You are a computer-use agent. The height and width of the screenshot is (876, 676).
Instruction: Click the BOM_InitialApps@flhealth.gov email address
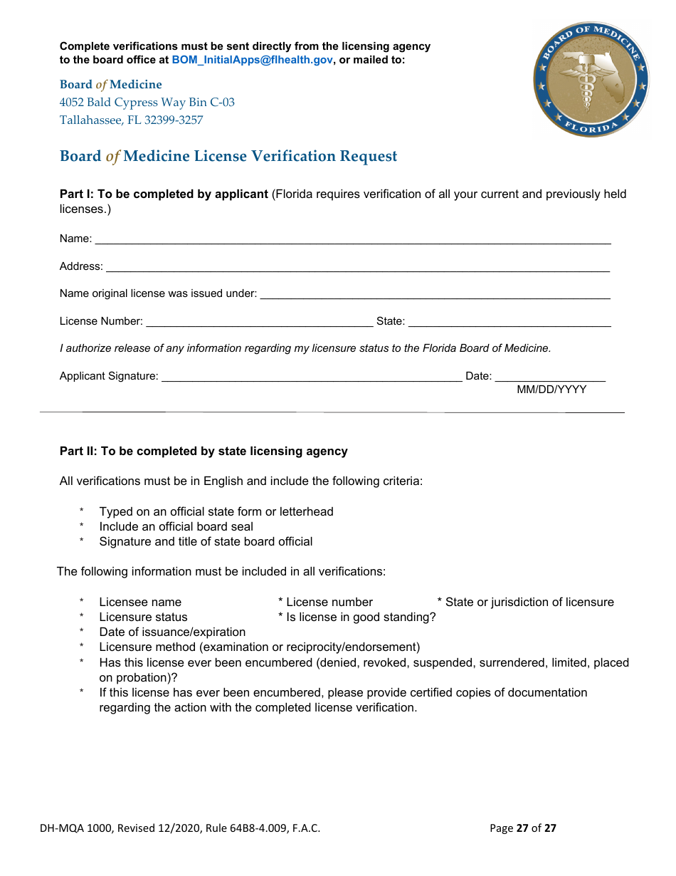[252, 60]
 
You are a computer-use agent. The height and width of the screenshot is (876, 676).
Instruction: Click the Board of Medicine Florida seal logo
[591, 79]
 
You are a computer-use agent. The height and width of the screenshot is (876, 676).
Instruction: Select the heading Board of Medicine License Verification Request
[228, 156]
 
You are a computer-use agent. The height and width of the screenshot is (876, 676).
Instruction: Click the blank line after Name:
[352, 241]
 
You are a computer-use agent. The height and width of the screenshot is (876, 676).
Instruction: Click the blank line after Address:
[357, 268]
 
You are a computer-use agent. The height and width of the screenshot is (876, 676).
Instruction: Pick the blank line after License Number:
[259, 323]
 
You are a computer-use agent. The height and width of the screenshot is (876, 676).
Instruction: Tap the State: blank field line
[509, 323]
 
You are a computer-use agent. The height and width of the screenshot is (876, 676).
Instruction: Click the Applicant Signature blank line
[312, 377]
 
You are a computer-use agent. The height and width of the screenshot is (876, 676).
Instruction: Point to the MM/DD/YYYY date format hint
[551, 390]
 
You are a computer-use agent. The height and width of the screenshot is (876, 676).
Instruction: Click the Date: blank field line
[549, 377]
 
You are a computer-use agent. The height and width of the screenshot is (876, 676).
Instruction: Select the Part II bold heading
[204, 451]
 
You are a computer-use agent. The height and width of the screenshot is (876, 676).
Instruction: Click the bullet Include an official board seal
[176, 526]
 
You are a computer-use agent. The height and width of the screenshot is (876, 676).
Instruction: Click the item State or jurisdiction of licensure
[525, 602]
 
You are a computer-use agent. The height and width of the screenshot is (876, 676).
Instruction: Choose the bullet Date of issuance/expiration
[172, 632]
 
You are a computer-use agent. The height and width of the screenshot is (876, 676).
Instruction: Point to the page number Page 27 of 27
[523, 828]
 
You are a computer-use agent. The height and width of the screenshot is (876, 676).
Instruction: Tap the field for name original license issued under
[435, 295]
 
